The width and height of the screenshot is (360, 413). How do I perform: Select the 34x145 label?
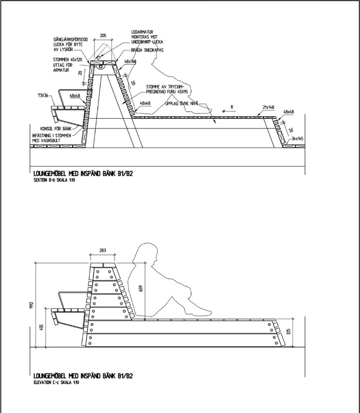coord(296,138)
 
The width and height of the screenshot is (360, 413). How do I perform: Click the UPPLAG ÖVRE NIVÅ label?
coord(183,103)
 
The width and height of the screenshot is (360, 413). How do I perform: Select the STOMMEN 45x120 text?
coord(68,60)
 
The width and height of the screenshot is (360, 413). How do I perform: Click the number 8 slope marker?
coord(232,107)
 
